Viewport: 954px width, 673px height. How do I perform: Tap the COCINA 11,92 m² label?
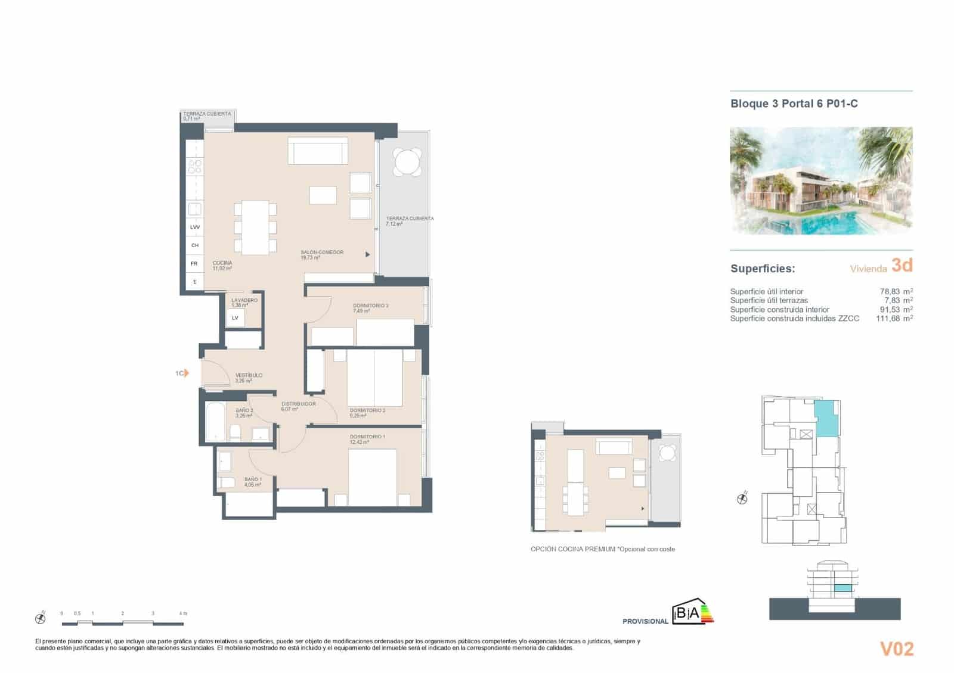pyautogui.click(x=222, y=265)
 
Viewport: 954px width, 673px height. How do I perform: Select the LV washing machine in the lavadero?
pyautogui.click(x=235, y=318)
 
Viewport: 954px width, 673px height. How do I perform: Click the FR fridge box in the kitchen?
pyautogui.click(x=194, y=263)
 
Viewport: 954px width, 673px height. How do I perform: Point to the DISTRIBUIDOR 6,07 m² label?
pyautogui.click(x=298, y=406)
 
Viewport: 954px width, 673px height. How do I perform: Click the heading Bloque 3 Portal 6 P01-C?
pyautogui.click(x=794, y=104)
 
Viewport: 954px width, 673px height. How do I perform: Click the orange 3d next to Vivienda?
pyautogui.click(x=902, y=265)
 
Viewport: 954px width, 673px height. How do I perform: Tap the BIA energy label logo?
pyautogui.click(x=692, y=613)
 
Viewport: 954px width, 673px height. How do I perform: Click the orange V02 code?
pyautogui.click(x=896, y=649)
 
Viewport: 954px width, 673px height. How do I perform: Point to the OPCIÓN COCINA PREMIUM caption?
pyautogui.click(x=602, y=549)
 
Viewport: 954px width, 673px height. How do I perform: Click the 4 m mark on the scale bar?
pyautogui.click(x=182, y=613)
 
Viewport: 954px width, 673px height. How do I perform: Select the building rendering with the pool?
pyautogui.click(x=821, y=180)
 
